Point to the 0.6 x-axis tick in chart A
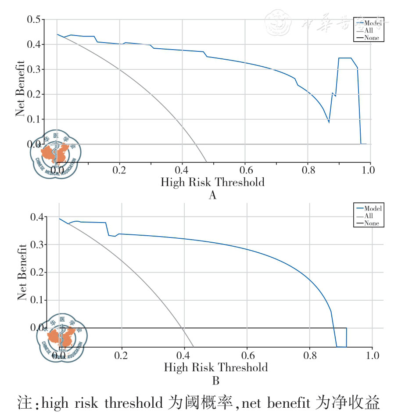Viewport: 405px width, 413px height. (x=245, y=169)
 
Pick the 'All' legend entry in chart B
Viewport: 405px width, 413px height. (x=369, y=216)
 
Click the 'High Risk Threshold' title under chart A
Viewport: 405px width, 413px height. (x=212, y=182)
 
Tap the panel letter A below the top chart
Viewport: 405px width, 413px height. (x=212, y=195)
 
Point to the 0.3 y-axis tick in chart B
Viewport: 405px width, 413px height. (x=36, y=245)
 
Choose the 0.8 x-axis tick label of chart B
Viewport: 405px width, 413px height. (x=310, y=355)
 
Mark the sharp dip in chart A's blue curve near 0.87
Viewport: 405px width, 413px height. (x=329, y=122)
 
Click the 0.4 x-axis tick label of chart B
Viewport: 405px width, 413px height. (x=184, y=355)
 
